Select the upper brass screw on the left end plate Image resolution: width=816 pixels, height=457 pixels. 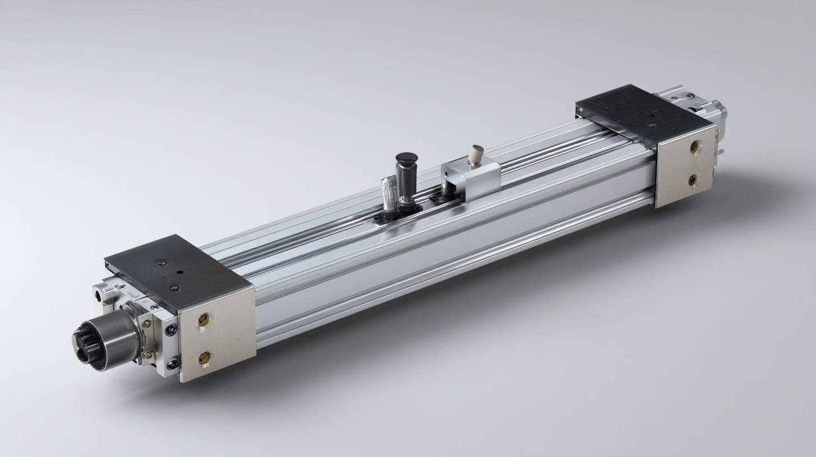tap(203, 320)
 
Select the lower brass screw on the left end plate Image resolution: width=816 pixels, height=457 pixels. tap(204, 357)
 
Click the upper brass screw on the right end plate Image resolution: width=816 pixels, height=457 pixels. tap(694, 146)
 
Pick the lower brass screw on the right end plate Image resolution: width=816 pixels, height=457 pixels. tap(693, 180)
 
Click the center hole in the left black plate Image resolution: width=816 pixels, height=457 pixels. tap(180, 273)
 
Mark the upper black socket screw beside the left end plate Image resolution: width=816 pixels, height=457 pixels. tap(170, 329)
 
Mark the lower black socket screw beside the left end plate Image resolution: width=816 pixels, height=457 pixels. tap(172, 364)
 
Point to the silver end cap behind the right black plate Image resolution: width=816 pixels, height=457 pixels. tap(695, 104)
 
